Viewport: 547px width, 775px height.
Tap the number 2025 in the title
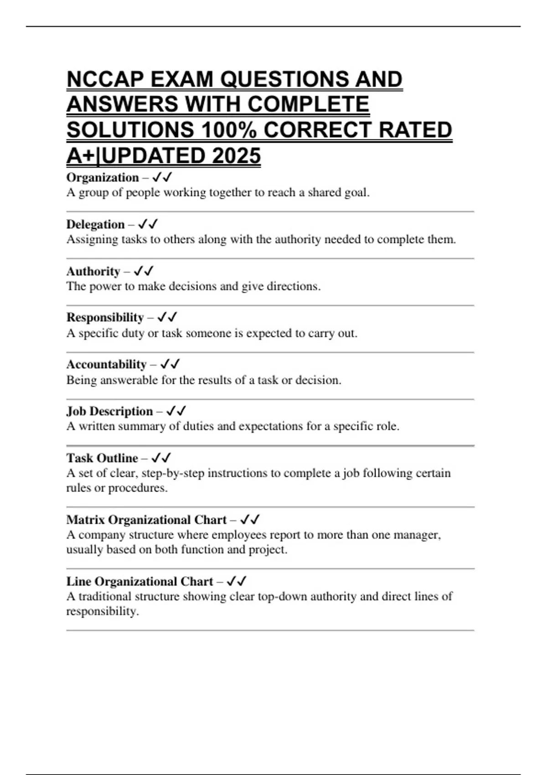pyautogui.click(x=236, y=156)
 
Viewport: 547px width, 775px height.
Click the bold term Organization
pyautogui.click(x=103, y=177)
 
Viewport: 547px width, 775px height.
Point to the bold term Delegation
pyautogui.click(x=95, y=224)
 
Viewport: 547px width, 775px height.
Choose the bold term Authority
pyautogui.click(x=93, y=271)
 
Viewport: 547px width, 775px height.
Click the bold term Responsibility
pyautogui.click(x=105, y=317)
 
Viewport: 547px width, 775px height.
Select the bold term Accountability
pyautogui.click(x=106, y=364)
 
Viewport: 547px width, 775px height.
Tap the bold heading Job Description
pyautogui.click(x=109, y=411)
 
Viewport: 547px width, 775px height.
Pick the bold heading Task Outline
pyautogui.click(x=102, y=458)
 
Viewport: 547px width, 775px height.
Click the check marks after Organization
pyautogui.click(x=162, y=177)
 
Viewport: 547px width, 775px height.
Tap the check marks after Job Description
pyautogui.click(x=176, y=411)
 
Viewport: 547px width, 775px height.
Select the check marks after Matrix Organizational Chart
pyautogui.click(x=250, y=520)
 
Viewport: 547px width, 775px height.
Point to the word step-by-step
pyautogui.click(x=173, y=473)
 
